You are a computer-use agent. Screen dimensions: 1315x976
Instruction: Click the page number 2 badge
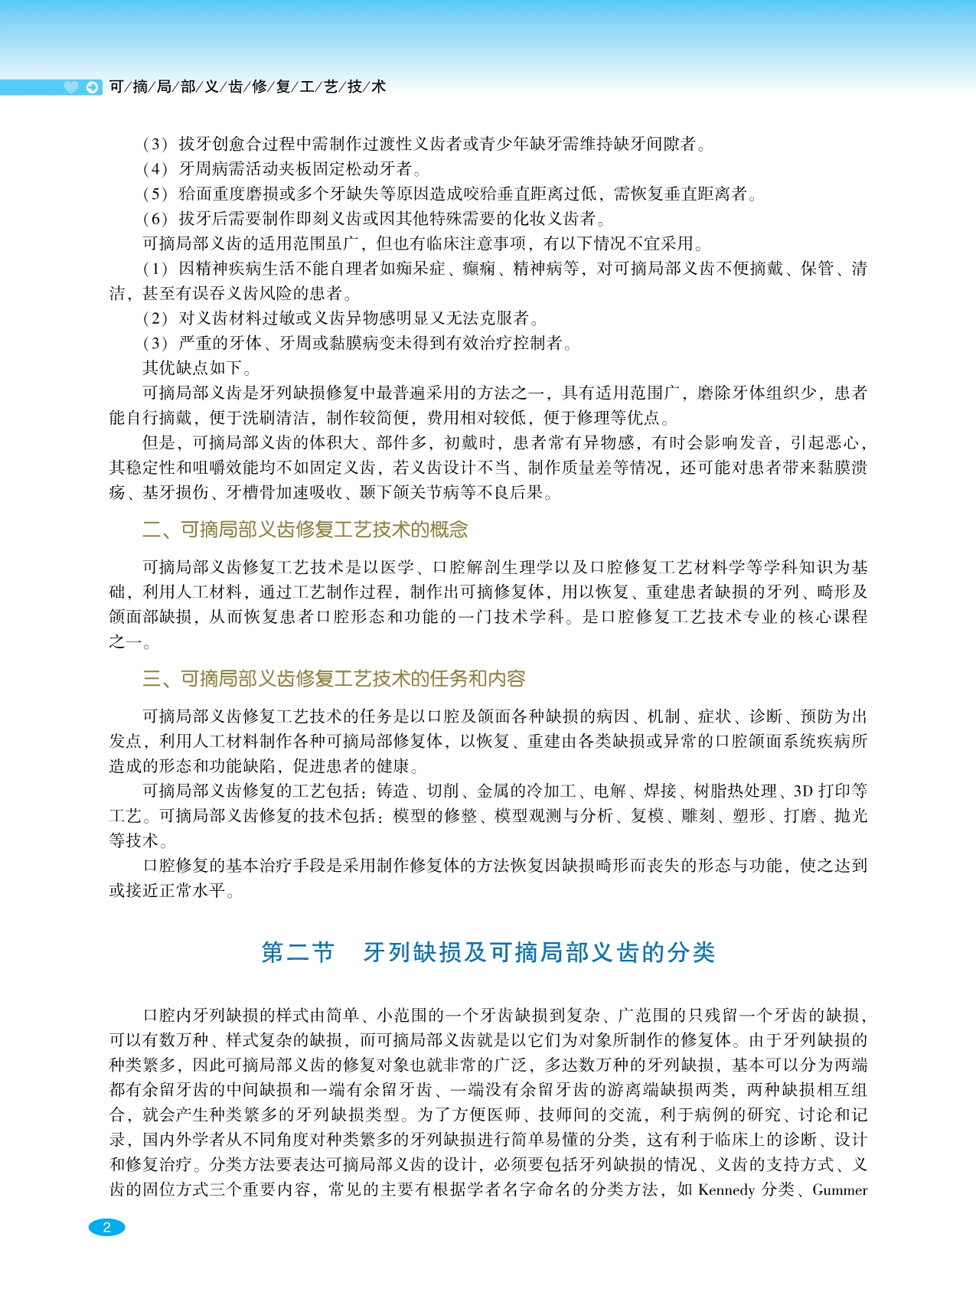(106, 1227)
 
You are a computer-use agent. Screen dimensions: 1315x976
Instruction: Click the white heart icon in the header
(71, 87)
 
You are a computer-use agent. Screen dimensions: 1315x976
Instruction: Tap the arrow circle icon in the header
(93, 87)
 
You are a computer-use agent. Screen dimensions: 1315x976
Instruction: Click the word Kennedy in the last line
(726, 1189)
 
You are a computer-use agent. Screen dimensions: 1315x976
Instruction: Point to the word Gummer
(840, 1189)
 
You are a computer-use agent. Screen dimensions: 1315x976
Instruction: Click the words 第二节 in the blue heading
(299, 952)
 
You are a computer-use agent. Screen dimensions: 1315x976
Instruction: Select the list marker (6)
(155, 219)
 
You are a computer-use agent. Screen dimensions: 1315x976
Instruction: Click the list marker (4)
(155, 169)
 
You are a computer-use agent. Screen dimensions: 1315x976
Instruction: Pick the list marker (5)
(155, 194)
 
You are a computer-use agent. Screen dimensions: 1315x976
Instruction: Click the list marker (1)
(155, 269)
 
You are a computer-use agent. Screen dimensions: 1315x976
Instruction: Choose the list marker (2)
(155, 318)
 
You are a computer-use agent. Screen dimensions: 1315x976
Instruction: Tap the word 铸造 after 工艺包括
(393, 791)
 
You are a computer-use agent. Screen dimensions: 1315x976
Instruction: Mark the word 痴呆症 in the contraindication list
(419, 269)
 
